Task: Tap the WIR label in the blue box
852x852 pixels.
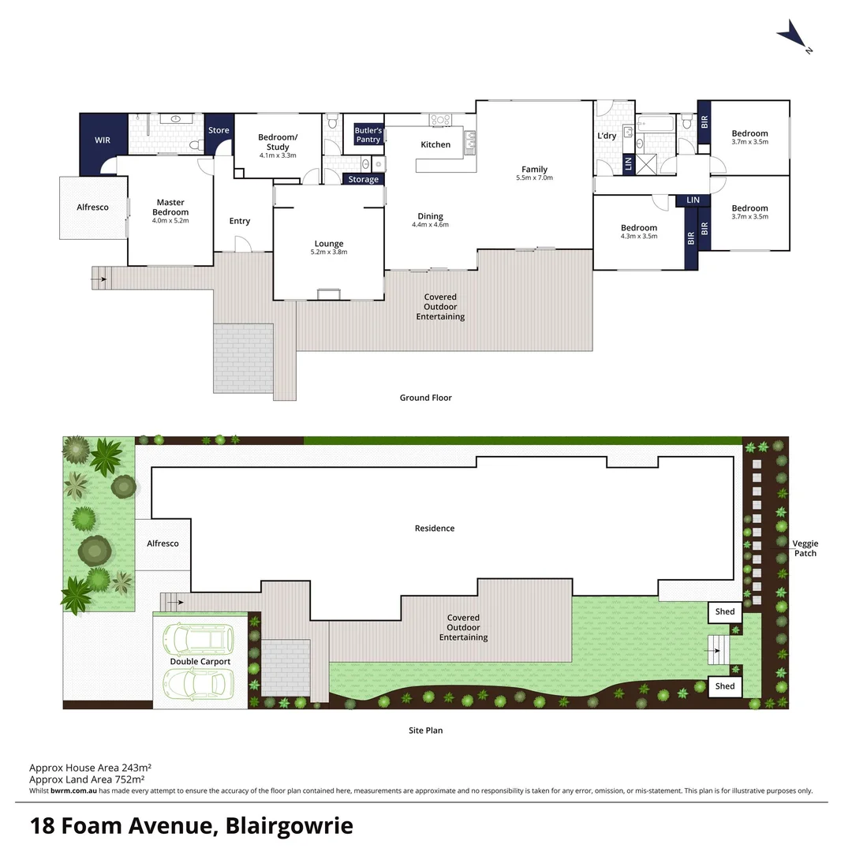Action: pyautogui.click(x=103, y=140)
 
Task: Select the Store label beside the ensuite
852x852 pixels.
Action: pyautogui.click(x=219, y=130)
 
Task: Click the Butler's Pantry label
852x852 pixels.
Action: pyautogui.click(x=368, y=135)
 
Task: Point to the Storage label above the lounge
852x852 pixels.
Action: pyautogui.click(x=363, y=179)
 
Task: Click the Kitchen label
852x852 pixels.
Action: pyautogui.click(x=435, y=144)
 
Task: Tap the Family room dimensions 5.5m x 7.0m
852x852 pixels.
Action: pyautogui.click(x=534, y=178)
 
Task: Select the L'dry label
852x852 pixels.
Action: pyautogui.click(x=607, y=136)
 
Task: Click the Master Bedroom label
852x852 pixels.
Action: pyautogui.click(x=170, y=207)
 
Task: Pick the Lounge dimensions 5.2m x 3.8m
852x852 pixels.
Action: pyautogui.click(x=328, y=252)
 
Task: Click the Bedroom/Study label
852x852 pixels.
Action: pyautogui.click(x=278, y=142)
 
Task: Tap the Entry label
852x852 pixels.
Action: pyautogui.click(x=240, y=221)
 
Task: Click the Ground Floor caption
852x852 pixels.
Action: pyautogui.click(x=425, y=398)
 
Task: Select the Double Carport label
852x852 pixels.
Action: pyautogui.click(x=200, y=661)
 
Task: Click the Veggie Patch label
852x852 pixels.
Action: pyautogui.click(x=805, y=548)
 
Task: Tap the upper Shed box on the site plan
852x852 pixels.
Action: pyautogui.click(x=725, y=611)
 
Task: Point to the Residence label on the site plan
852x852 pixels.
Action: pyautogui.click(x=435, y=528)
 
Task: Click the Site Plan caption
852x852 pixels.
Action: pyautogui.click(x=425, y=731)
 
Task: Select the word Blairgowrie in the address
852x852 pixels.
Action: pyautogui.click(x=290, y=826)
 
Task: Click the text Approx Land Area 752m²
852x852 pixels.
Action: pyautogui.click(x=91, y=779)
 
